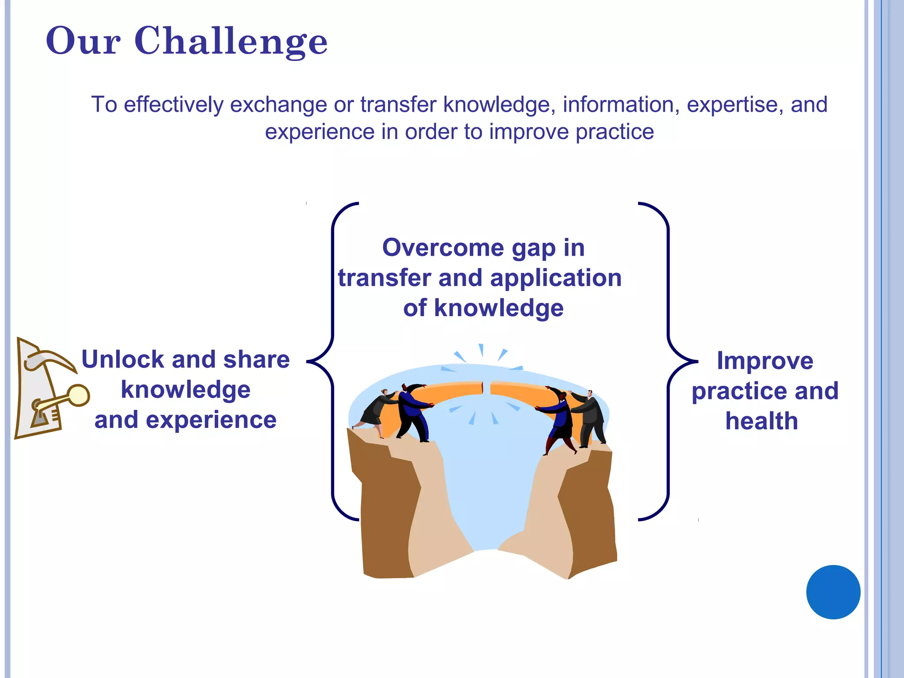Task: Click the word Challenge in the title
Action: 231,41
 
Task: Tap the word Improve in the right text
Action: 765,361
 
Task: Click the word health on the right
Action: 762,421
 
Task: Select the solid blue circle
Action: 833,592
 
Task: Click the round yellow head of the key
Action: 79,395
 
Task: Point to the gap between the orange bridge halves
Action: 486,388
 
